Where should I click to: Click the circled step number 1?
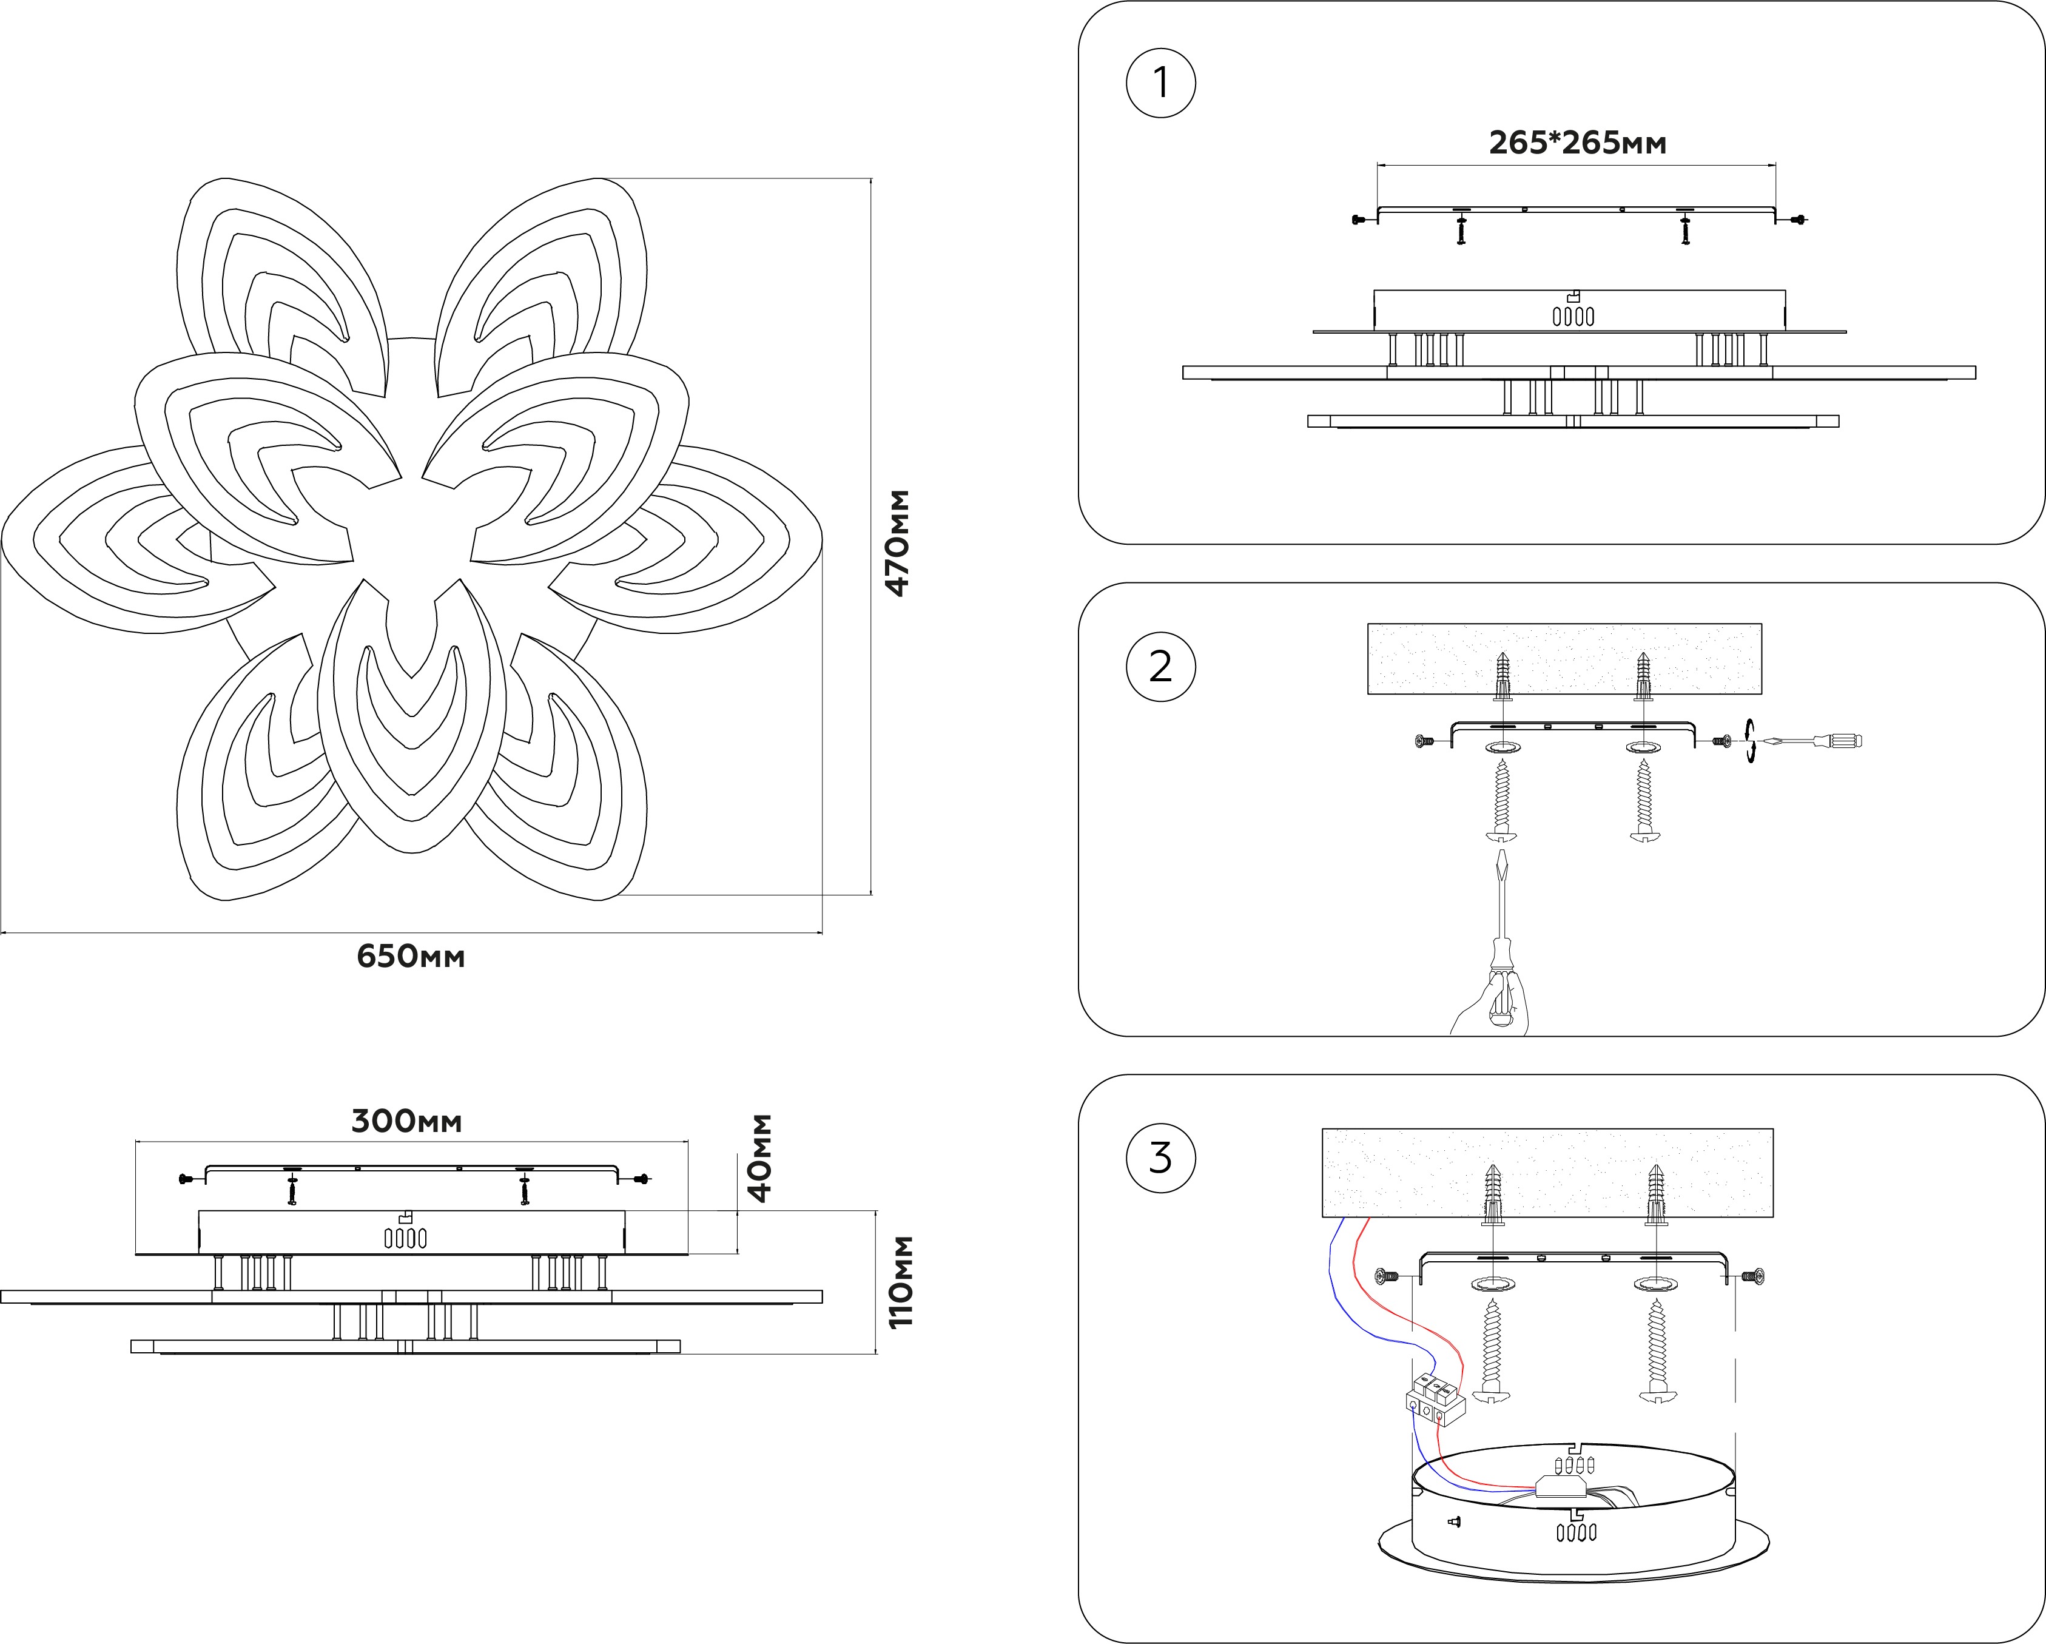coord(1160,84)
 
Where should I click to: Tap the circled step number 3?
coord(1160,1158)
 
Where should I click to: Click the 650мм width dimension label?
coord(411,956)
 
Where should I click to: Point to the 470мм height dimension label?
coord(897,543)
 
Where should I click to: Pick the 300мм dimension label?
coord(406,1121)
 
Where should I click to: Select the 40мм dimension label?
coord(760,1158)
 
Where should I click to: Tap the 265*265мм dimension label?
coord(1577,143)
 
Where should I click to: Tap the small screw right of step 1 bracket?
coord(1797,220)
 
